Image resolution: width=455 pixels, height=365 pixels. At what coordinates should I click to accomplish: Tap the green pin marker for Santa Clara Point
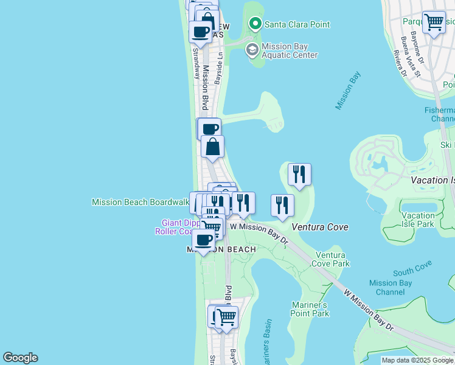[255, 24]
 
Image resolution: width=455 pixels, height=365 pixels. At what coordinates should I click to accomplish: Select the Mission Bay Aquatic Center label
[290, 50]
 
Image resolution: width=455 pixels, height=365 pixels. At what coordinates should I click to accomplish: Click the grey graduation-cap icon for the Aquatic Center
[251, 50]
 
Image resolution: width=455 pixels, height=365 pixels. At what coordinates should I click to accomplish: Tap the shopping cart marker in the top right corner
[434, 23]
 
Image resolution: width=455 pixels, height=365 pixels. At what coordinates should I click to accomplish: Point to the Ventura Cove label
[320, 227]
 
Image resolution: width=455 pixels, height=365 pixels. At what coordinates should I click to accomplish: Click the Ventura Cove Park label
[330, 260]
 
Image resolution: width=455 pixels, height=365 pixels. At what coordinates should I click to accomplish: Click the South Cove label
[412, 267]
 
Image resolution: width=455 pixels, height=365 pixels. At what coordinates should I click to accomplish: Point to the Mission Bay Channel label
[390, 287]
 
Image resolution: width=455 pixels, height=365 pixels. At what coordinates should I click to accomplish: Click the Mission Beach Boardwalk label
[140, 202]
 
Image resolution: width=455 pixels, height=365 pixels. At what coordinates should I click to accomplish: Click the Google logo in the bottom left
[20, 358]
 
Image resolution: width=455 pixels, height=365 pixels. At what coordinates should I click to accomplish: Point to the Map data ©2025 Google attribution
[417, 360]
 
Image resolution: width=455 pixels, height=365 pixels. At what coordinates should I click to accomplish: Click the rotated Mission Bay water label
[347, 91]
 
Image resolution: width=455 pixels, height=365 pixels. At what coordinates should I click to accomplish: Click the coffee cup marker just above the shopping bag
[209, 129]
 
